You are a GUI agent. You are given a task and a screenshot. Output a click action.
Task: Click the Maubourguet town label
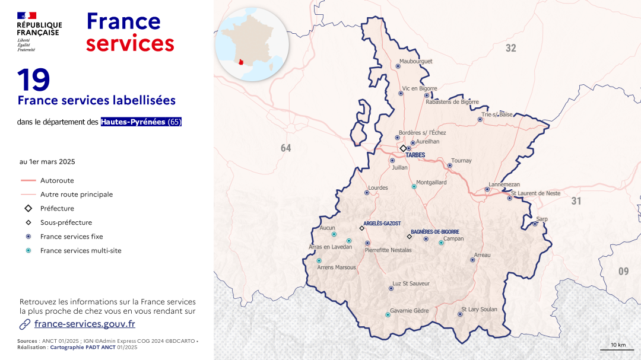[x=415, y=61]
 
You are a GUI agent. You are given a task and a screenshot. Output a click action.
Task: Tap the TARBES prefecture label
[x=415, y=155]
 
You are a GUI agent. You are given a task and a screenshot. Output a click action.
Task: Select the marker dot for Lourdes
[x=367, y=192]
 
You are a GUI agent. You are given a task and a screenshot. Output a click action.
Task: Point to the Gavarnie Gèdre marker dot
[x=388, y=315]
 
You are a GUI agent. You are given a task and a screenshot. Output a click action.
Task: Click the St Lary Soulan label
[x=479, y=309]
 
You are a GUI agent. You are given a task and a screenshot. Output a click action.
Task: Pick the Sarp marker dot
[x=535, y=224]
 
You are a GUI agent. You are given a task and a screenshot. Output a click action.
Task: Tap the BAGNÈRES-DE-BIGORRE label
[x=435, y=232]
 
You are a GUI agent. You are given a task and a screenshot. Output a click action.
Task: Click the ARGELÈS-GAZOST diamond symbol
[x=361, y=228]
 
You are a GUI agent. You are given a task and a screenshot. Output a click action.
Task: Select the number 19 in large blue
[x=33, y=80]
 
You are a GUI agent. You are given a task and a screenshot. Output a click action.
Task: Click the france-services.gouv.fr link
[x=84, y=324]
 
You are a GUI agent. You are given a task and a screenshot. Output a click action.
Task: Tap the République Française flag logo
[x=27, y=15]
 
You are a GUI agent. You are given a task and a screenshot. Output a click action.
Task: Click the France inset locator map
[x=252, y=44]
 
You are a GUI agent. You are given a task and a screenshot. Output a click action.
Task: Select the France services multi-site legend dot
[x=28, y=251]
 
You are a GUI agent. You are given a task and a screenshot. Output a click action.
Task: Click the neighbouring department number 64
[x=286, y=148]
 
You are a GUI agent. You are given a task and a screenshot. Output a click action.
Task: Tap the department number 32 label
[x=510, y=49]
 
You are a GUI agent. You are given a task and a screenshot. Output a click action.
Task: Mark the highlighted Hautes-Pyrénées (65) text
[x=141, y=122]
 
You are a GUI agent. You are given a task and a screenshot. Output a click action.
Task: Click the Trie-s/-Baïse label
[x=497, y=114]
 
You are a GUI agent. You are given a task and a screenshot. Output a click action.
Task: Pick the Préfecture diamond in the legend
[x=28, y=208]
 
